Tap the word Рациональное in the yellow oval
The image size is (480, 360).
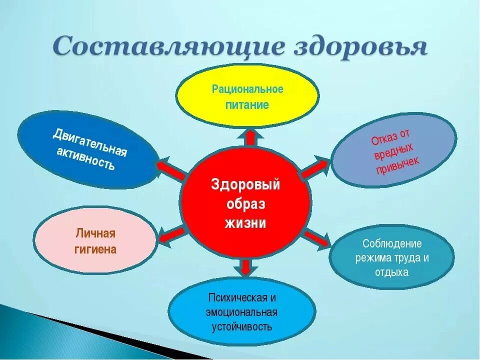click(x=247, y=89)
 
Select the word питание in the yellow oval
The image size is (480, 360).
click(x=247, y=105)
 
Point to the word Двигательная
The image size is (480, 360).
click(x=90, y=142)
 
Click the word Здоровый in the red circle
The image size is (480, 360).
click(x=245, y=184)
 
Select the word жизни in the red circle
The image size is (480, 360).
click(x=245, y=222)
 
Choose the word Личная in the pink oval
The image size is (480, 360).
click(x=95, y=233)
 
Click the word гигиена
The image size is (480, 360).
click(x=95, y=249)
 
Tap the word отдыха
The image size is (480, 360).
click(x=392, y=272)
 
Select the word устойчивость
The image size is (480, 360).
click(x=242, y=327)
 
